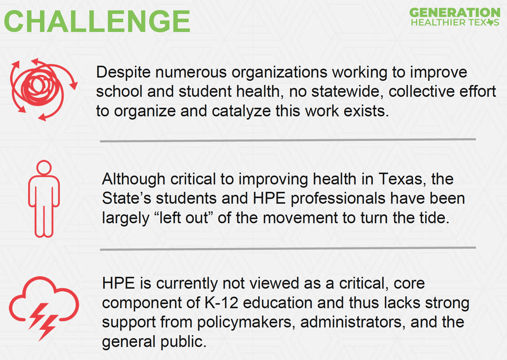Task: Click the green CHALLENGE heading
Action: (97, 22)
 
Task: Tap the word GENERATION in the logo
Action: (455, 13)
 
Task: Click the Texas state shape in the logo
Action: (490, 22)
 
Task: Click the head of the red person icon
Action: (44, 168)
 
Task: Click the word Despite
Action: (123, 73)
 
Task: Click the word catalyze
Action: (241, 112)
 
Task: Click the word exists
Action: (366, 111)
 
